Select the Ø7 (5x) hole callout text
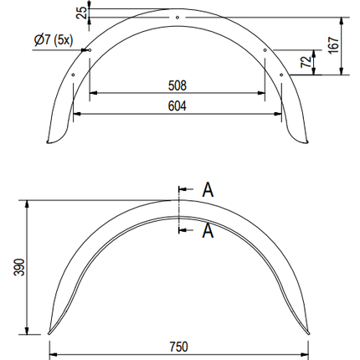tap(54, 40)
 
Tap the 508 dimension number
tap(176, 85)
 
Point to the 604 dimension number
tap(176, 105)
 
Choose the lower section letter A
tap(208, 231)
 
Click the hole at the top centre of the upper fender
tap(177, 17)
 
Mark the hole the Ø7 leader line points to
tap(88, 49)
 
